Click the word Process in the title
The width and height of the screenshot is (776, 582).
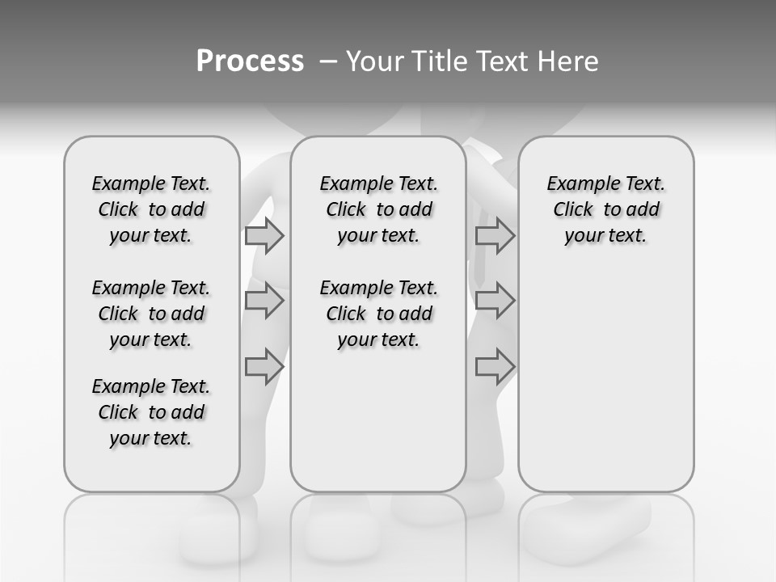[250, 61]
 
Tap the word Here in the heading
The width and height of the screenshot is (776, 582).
[568, 61]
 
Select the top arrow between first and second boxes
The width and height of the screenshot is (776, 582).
[264, 236]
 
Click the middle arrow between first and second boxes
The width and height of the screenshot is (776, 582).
[264, 302]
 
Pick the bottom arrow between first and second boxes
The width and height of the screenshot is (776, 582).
[264, 367]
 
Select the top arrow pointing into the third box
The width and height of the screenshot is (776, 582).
[495, 236]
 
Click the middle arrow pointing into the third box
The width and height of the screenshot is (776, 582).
[495, 302]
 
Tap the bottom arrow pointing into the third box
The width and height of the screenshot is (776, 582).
[495, 367]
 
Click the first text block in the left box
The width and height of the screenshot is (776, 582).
[151, 209]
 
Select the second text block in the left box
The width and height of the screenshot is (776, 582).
[151, 314]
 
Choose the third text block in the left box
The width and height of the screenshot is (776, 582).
[151, 412]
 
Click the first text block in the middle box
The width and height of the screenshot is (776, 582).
[378, 209]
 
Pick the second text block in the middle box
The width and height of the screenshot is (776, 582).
[378, 314]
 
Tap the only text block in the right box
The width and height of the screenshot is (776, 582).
[605, 209]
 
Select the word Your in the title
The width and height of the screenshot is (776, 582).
[368, 61]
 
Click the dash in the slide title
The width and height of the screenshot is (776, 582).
[328, 61]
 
